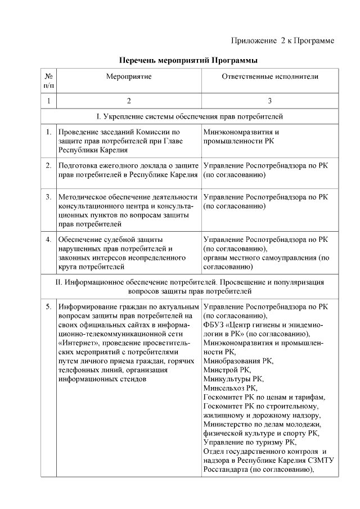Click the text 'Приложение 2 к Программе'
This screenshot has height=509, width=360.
(x=283, y=40)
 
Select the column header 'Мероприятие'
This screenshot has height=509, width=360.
(x=129, y=76)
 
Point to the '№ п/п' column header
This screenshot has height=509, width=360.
(x=49, y=80)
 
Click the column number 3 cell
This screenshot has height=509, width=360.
(x=270, y=101)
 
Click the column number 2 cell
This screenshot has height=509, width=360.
(x=129, y=101)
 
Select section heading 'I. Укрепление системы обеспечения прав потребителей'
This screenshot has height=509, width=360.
(x=189, y=116)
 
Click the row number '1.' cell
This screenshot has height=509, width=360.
(x=49, y=133)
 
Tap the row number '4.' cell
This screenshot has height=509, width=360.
(x=49, y=240)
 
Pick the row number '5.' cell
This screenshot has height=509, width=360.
(x=49, y=307)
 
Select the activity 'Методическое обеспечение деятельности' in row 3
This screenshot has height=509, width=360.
(x=128, y=197)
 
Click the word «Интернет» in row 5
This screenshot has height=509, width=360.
(x=77, y=343)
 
